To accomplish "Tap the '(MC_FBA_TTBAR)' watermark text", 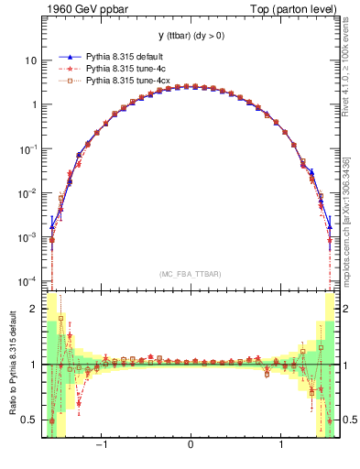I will click(190, 274).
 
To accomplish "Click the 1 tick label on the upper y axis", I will click(34, 104).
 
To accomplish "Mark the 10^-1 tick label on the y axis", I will click(29, 147).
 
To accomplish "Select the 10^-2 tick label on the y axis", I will click(29, 192).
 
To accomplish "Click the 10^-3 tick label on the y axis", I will click(29, 236).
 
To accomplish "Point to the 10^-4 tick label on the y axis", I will click(29, 280).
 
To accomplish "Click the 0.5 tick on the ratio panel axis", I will click(30, 420).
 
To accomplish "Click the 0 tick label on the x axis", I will click(190, 446).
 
